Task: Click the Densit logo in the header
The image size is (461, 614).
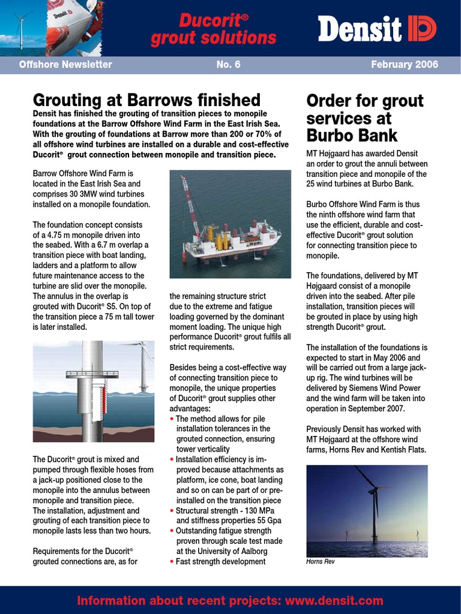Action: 376,28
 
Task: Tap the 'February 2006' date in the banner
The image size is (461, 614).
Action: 405,65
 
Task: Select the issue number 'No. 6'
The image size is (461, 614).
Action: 228,65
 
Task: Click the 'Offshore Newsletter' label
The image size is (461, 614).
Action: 65,65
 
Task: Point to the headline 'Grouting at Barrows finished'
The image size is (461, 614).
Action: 146,100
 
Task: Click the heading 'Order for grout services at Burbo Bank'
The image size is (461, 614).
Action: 365,117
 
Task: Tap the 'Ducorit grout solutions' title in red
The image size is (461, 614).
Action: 213,29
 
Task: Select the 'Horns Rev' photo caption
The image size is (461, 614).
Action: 321,562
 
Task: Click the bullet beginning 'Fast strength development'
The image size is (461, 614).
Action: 220,562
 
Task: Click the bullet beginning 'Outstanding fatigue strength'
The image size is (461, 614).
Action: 223,531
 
